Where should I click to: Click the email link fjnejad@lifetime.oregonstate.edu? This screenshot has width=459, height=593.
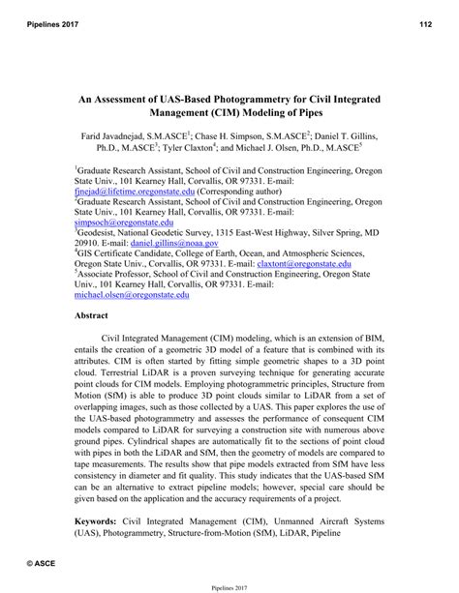(x=135, y=193)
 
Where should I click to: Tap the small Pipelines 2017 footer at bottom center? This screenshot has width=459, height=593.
(x=229, y=584)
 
